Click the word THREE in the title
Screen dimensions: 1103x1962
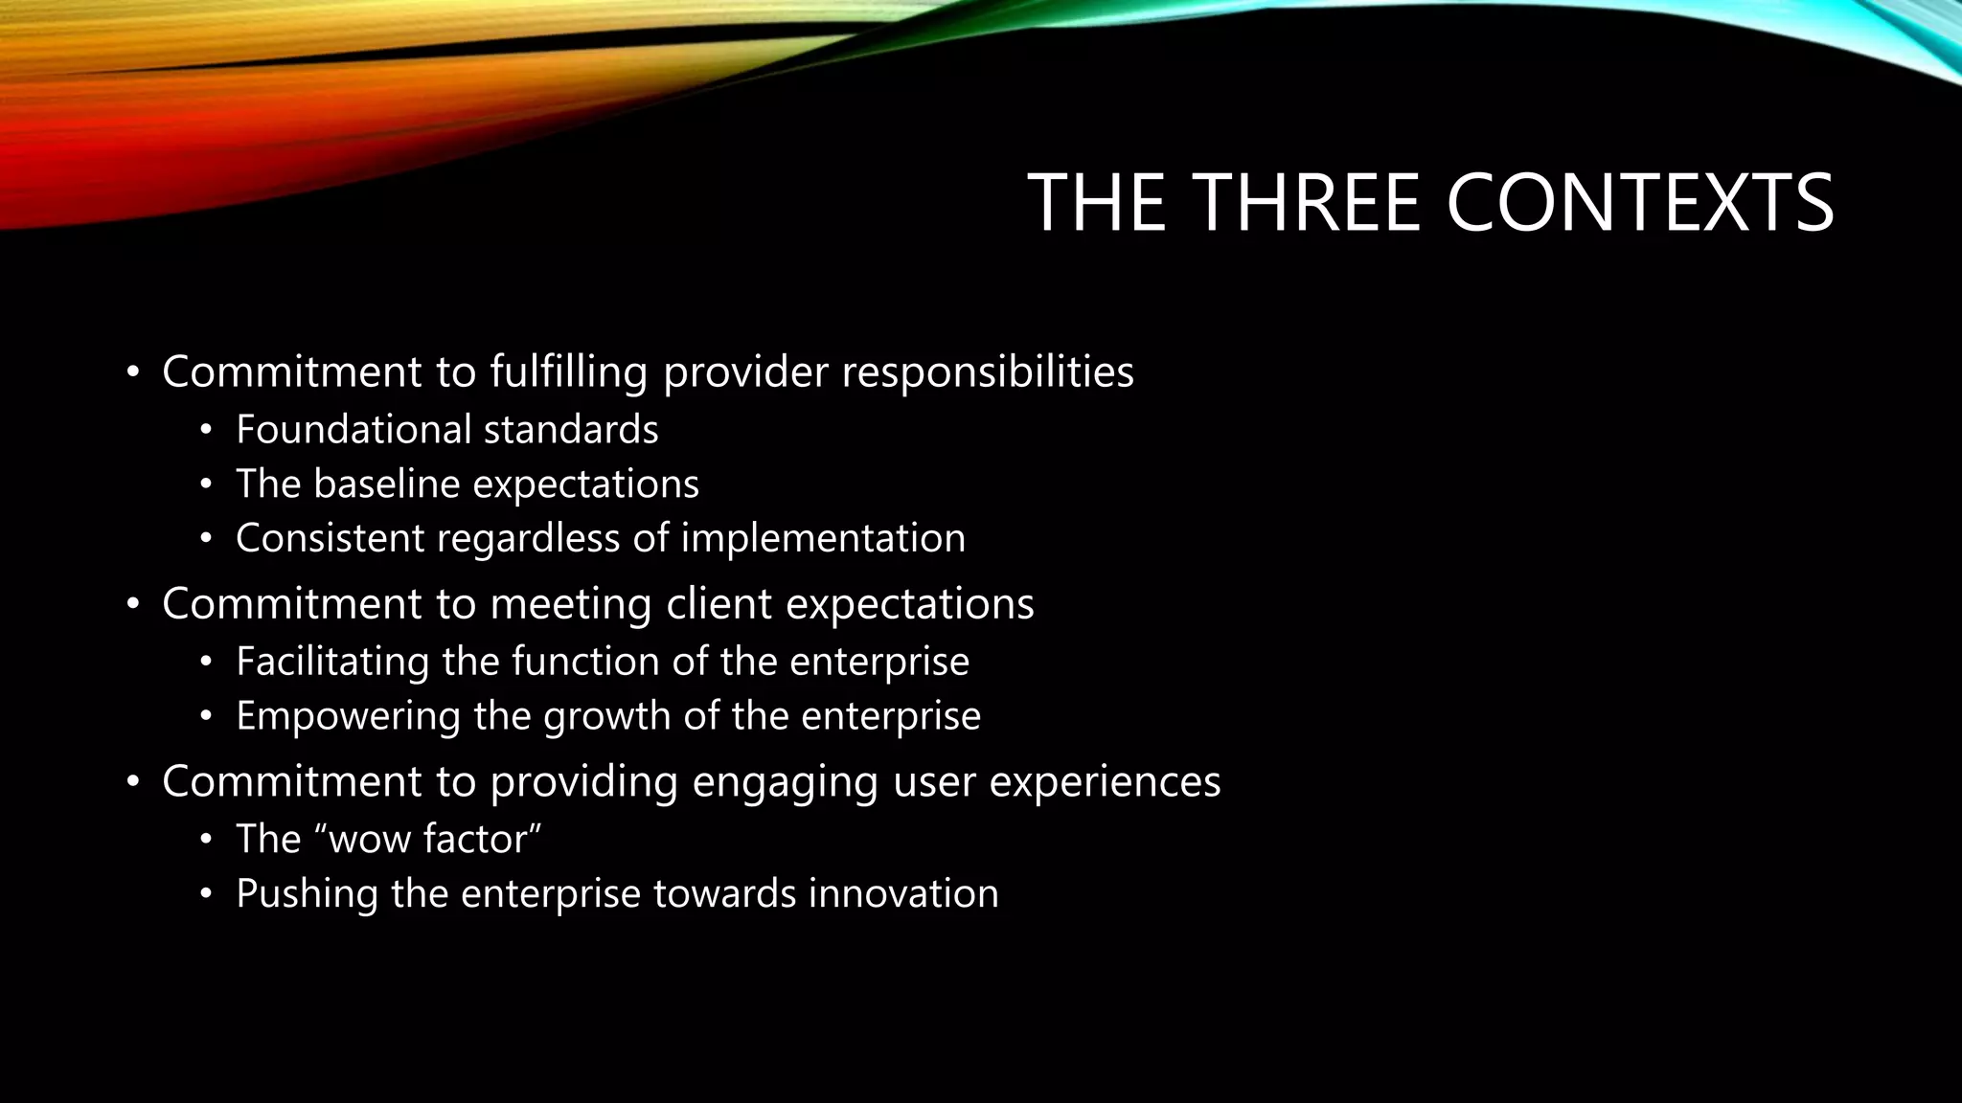[x=1308, y=203]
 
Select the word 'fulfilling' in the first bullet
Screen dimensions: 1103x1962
[x=568, y=371]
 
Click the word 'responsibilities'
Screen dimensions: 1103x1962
[x=987, y=371]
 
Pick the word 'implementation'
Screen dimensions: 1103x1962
[x=823, y=538]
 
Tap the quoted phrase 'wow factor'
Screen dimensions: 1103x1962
[x=435, y=840]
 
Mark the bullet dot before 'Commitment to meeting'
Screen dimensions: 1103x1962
[x=133, y=605]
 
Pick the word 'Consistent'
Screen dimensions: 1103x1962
[x=330, y=538]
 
